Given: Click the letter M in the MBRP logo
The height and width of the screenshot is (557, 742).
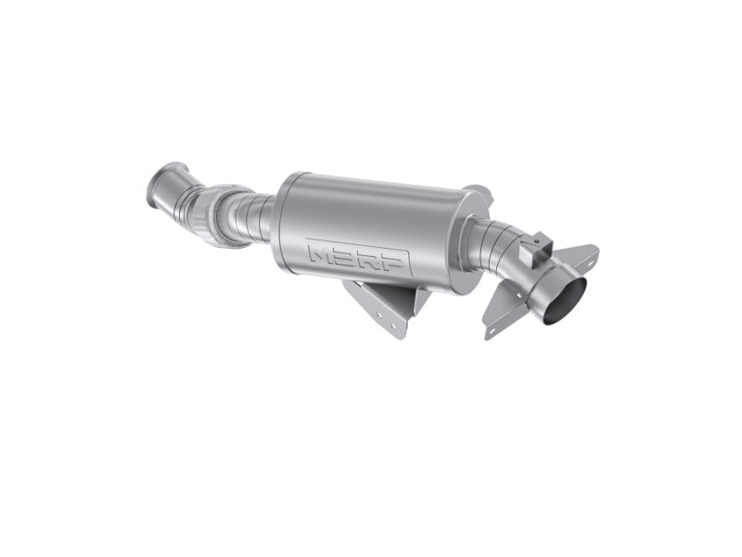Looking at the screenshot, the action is (x=323, y=255).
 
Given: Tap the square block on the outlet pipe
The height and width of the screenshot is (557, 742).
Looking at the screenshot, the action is (x=535, y=249).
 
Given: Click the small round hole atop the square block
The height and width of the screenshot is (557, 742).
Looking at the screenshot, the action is (x=536, y=241).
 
